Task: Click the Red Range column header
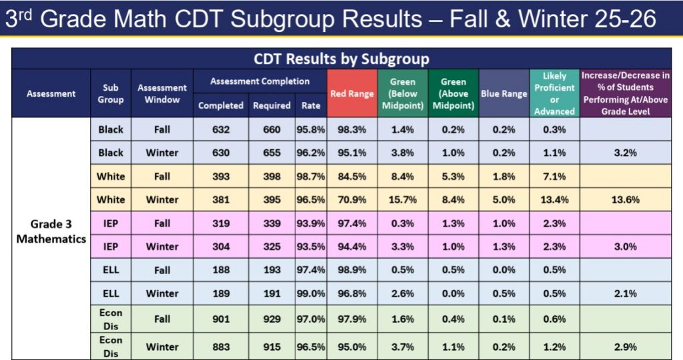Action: click(352, 94)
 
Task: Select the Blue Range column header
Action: click(504, 94)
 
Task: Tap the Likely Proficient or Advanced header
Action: click(554, 94)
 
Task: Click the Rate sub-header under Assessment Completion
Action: click(310, 105)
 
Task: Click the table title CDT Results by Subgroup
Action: click(341, 59)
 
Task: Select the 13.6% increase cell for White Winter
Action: click(625, 199)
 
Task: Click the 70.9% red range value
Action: click(352, 199)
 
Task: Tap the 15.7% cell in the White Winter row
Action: click(402, 199)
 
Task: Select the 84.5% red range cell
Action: click(352, 177)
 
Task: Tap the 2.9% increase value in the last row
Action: click(625, 347)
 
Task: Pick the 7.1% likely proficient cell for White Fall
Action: click(554, 177)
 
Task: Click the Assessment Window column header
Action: click(162, 94)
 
